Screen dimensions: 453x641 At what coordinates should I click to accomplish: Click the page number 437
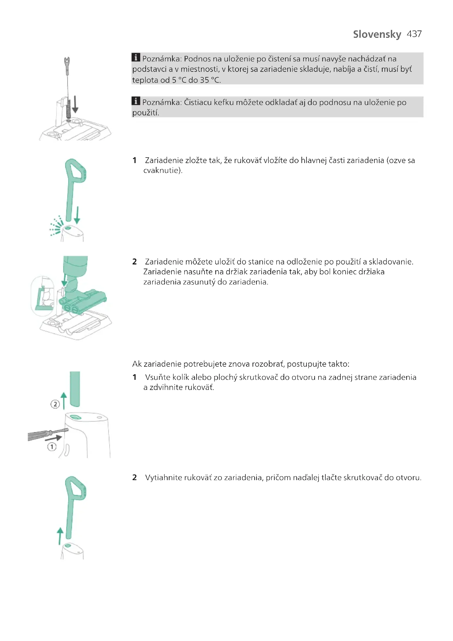[x=414, y=34]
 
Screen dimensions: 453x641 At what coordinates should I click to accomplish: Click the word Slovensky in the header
[x=377, y=34]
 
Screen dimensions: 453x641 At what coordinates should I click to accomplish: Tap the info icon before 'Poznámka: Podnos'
[x=136, y=57]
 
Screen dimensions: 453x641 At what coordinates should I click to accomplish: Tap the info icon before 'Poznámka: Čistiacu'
[x=136, y=101]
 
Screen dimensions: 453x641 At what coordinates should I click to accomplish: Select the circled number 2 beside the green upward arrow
[x=55, y=404]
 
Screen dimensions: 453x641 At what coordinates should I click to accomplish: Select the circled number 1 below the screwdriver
[x=51, y=447]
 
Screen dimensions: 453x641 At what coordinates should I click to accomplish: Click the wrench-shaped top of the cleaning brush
[x=67, y=62]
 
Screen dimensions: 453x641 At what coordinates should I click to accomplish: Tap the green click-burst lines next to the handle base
[x=56, y=226]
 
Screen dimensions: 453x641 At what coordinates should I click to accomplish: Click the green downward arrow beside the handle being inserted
[x=77, y=215]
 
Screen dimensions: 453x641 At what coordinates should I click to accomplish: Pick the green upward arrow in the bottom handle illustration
[x=60, y=536]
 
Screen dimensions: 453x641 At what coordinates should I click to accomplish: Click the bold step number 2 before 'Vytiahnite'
[x=134, y=478]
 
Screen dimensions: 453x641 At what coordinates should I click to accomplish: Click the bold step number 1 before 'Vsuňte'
[x=134, y=377]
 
